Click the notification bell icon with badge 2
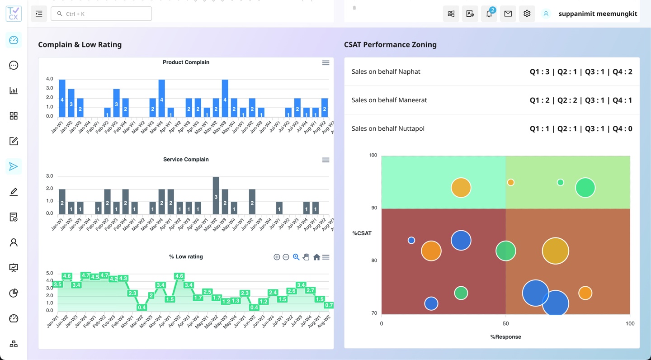click(x=489, y=14)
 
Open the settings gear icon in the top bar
click(x=527, y=14)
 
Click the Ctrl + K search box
click(x=101, y=14)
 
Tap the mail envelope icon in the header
click(x=508, y=14)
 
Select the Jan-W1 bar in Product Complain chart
click(x=62, y=99)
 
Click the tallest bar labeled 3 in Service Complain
click(x=216, y=195)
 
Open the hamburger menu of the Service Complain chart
click(x=325, y=160)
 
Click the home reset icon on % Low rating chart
click(x=316, y=257)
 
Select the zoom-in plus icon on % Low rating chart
click(x=277, y=257)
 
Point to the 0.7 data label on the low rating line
click(x=329, y=305)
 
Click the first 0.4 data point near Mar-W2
click(x=142, y=308)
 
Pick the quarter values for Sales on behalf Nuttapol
click(x=580, y=128)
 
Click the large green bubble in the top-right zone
click(x=585, y=188)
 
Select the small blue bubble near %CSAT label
click(x=411, y=240)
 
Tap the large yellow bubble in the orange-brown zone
click(x=555, y=251)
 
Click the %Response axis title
click(x=505, y=337)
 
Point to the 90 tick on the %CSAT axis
click(x=374, y=208)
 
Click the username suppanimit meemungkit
click(x=598, y=14)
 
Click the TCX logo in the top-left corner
click(x=14, y=14)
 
